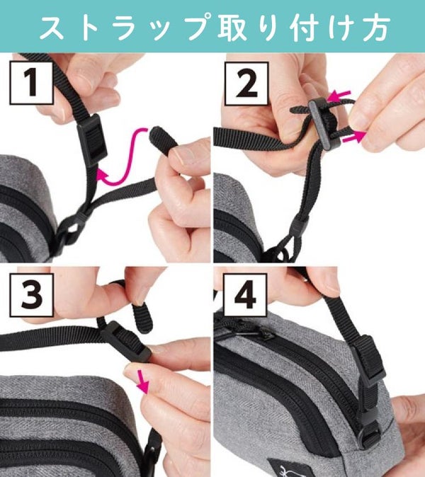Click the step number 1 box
(x=32, y=83)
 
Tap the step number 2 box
(x=246, y=84)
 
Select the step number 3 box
(x=32, y=295)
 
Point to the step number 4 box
(x=245, y=295)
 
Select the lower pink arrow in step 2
(x=354, y=137)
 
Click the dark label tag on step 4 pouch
(x=280, y=468)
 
